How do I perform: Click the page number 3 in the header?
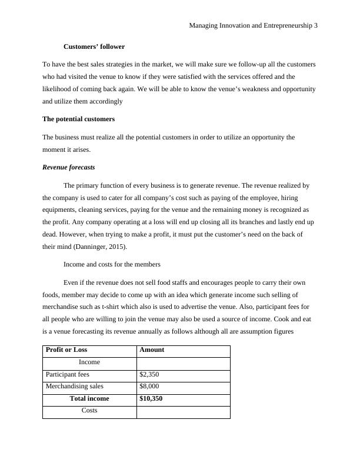tap(316, 26)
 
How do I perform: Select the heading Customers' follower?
tap(94, 46)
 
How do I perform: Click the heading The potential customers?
tap(78, 119)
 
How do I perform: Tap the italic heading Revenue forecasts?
tap(69, 167)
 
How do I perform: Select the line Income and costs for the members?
tap(112, 264)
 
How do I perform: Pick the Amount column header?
tap(152, 349)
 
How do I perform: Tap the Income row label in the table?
tap(89, 362)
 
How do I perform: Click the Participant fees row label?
tap(68, 374)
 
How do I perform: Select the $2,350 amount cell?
tap(149, 374)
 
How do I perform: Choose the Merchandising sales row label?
tap(74, 387)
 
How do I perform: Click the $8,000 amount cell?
tap(149, 387)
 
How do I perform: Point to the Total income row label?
tap(89, 398)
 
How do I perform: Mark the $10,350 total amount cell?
tap(151, 398)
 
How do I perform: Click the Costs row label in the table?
tap(89, 411)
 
